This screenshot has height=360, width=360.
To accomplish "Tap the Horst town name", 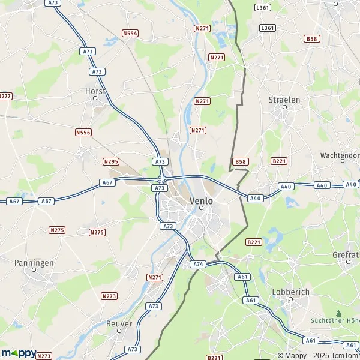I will [x=95, y=91].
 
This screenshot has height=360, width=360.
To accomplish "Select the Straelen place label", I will [x=284, y=100].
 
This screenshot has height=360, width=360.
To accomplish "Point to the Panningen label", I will [x=34, y=263].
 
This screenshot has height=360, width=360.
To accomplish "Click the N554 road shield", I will [x=130, y=34].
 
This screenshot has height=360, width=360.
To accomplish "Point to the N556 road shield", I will [x=83, y=131].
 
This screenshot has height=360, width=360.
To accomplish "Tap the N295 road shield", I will [x=111, y=161].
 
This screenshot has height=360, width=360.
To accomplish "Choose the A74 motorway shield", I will [x=197, y=264].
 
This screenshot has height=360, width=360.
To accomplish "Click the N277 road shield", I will [x=5, y=96].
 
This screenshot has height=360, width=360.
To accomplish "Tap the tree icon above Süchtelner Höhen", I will [x=339, y=313].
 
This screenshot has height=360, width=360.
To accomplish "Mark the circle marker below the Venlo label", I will [x=202, y=208].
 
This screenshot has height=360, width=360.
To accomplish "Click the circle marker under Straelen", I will [x=284, y=107].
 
